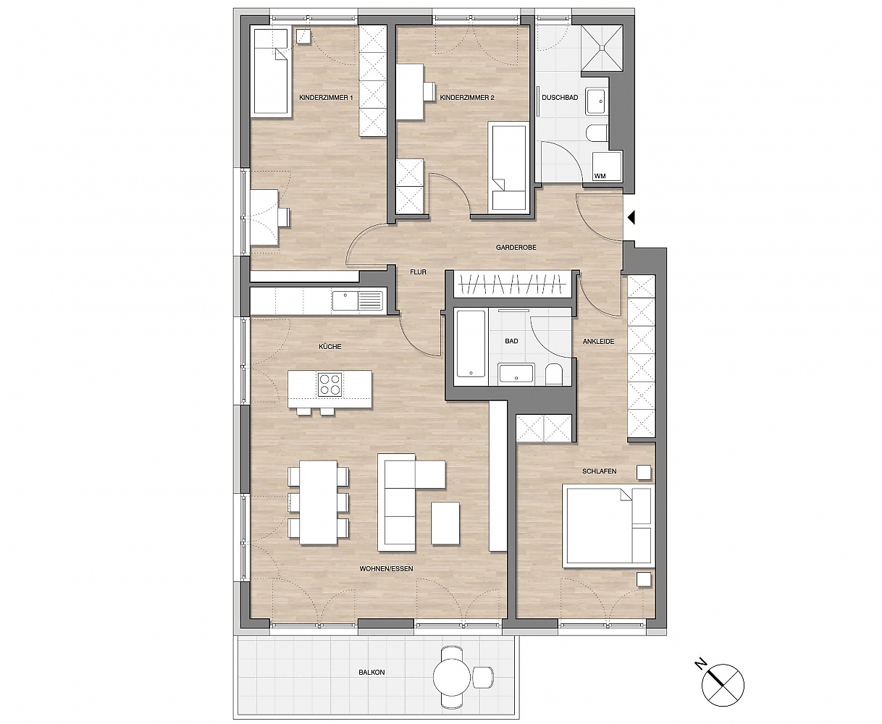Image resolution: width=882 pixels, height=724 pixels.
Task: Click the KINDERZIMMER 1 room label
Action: (x=326, y=98)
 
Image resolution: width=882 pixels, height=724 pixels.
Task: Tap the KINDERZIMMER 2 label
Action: (x=467, y=98)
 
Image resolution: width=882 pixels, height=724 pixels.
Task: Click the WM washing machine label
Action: (x=600, y=176)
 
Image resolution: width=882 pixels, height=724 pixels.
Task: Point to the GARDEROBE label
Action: (x=516, y=248)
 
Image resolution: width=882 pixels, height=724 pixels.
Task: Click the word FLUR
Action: (x=419, y=272)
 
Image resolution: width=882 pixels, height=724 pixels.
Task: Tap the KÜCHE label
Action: (x=330, y=346)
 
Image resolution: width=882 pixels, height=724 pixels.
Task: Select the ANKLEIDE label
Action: (x=599, y=341)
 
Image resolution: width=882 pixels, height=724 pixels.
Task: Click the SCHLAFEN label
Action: (x=600, y=471)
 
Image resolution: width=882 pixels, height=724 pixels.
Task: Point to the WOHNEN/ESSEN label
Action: (x=387, y=569)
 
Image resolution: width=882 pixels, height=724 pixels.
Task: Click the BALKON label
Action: (x=371, y=673)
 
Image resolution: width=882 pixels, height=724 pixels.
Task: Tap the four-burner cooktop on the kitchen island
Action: (x=330, y=384)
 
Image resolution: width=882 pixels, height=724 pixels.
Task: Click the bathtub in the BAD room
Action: (x=471, y=343)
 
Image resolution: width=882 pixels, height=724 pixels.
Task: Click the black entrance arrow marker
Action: (x=631, y=217)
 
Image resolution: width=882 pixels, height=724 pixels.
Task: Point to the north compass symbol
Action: (x=722, y=684)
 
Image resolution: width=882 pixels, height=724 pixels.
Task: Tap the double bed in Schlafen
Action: (x=608, y=526)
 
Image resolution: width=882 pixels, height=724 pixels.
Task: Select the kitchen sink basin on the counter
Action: (x=345, y=300)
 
